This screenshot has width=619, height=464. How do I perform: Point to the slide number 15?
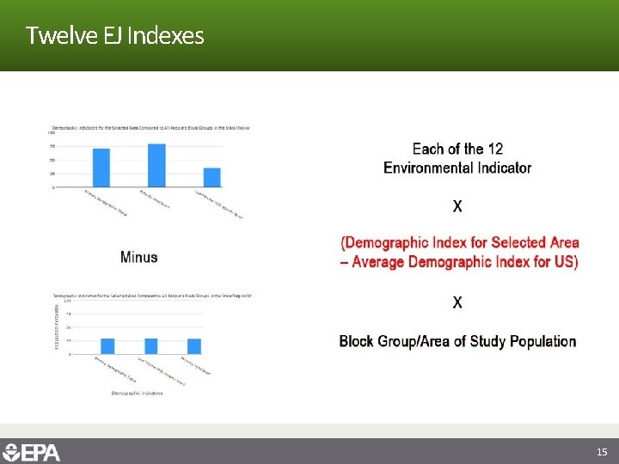602,452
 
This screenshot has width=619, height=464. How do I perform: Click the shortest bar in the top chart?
212,177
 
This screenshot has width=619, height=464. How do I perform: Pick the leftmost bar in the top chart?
101,168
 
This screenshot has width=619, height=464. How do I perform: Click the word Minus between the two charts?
139,257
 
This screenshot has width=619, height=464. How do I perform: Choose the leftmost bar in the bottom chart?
107,345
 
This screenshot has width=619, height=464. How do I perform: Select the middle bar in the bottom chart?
151,345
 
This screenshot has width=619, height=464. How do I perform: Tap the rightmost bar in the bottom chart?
194,345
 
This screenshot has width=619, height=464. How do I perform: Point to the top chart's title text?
148,128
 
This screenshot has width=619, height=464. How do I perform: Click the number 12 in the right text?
494,150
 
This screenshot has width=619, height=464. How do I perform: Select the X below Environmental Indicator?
457,206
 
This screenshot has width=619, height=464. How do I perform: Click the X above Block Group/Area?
457,302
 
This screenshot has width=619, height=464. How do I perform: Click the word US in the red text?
563,262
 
